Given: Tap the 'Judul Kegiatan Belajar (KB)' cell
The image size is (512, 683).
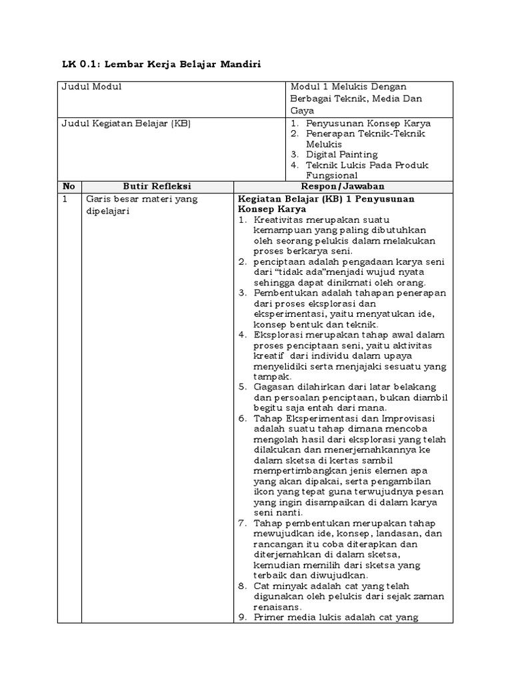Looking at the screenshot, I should pyautogui.click(x=126, y=123).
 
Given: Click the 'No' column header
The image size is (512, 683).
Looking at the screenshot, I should pyautogui.click(x=69, y=187).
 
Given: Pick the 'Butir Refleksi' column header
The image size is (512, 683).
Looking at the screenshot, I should pyautogui.click(x=157, y=187).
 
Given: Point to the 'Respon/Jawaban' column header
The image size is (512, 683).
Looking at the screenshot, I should pyautogui.click(x=343, y=187).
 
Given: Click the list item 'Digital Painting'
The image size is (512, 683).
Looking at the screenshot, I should pyautogui.click(x=341, y=155).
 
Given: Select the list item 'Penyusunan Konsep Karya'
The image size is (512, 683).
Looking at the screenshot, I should pyautogui.click(x=368, y=123).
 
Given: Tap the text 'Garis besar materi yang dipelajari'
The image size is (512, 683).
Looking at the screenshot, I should pyautogui.click(x=140, y=205).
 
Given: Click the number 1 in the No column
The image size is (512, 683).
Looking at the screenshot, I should pyautogui.click(x=65, y=199).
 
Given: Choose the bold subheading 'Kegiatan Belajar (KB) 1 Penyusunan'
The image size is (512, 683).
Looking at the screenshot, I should pyautogui.click(x=326, y=199).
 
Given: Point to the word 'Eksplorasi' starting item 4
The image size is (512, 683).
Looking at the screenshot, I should pyautogui.click(x=277, y=335).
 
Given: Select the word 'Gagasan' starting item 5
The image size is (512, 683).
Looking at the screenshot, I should pyautogui.click(x=273, y=387).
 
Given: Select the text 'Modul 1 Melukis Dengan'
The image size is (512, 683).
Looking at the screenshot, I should pyautogui.click(x=348, y=87).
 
